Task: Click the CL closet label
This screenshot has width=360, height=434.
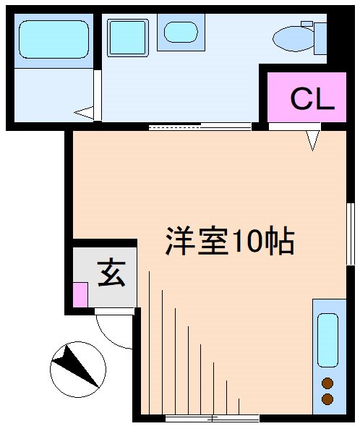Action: click(x=312, y=99)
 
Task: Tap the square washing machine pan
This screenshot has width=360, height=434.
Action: click(x=127, y=37)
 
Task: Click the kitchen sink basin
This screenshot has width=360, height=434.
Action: click(x=327, y=339)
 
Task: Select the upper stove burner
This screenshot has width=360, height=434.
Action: click(x=327, y=383)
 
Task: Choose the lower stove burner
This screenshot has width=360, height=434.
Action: click(x=327, y=399)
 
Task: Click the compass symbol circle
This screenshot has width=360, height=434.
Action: click(x=77, y=369)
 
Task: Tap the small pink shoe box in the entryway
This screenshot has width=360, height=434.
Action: click(x=80, y=294)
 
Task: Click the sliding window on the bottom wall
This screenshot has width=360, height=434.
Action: click(x=211, y=418)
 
